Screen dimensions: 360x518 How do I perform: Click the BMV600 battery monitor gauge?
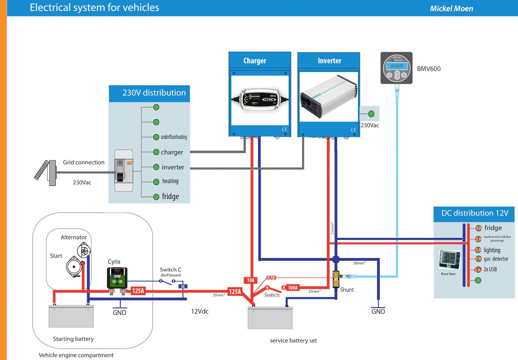397,68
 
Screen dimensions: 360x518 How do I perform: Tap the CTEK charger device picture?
260,99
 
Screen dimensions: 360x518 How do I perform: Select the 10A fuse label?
251,280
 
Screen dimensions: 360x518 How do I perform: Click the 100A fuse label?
293,288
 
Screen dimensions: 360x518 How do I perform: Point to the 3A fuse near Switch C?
183,286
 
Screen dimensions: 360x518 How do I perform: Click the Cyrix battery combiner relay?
117,278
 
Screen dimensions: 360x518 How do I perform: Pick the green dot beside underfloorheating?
156,137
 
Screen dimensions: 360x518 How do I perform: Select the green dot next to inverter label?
156,167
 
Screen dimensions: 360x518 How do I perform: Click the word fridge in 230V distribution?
170,196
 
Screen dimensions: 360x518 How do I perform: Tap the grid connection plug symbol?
46,171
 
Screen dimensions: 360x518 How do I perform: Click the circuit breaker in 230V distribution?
124,171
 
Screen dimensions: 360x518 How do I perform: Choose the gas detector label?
496,259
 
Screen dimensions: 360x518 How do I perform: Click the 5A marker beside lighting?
478,250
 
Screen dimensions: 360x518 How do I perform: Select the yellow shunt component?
336,279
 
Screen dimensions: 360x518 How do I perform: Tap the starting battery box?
71,316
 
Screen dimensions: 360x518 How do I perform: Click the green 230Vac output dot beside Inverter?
371,114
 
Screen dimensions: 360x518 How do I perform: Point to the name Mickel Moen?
451,9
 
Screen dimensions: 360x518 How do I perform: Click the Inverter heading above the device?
329,61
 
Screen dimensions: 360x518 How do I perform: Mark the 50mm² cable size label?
359,263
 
